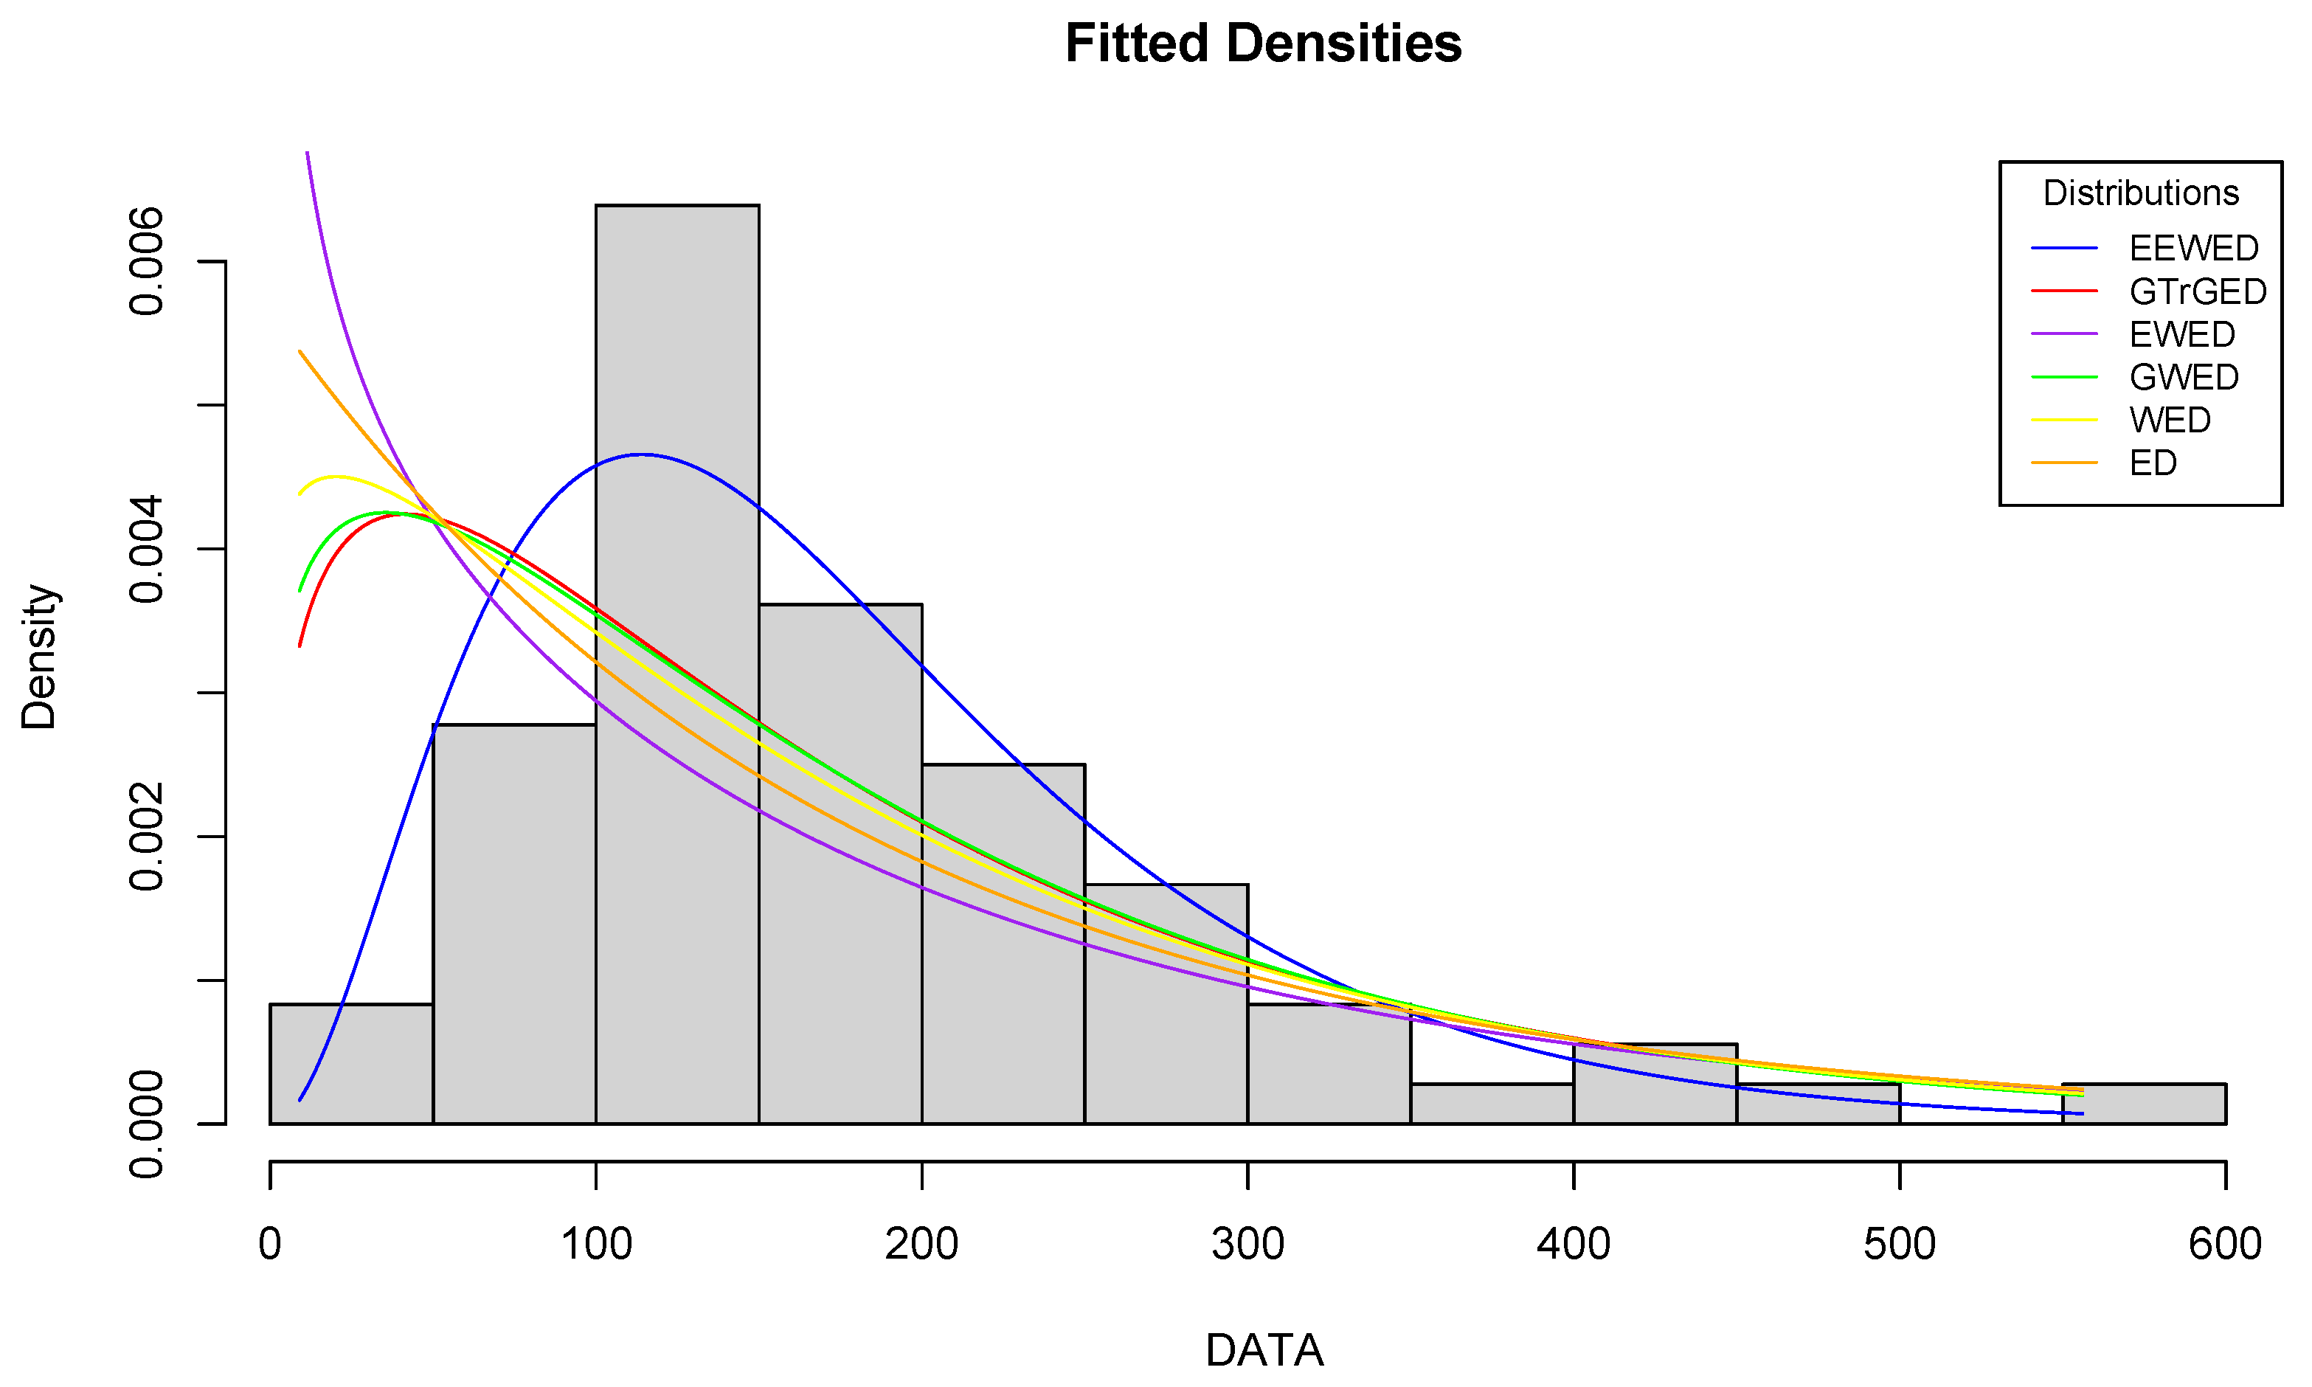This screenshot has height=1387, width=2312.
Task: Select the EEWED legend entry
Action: coord(2193,249)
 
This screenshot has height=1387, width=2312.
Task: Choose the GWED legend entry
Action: coord(2184,378)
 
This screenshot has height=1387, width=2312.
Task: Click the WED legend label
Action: coord(2170,421)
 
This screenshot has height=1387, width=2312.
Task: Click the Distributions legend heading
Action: coord(2140,193)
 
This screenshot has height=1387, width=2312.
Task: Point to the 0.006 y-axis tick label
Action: coord(147,263)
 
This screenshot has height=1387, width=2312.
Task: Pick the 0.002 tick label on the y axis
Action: coord(147,837)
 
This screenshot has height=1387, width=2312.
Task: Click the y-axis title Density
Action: coord(39,657)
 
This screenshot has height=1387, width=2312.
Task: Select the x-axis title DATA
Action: coord(1264,1349)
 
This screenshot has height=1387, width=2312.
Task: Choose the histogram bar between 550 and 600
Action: coord(2144,1104)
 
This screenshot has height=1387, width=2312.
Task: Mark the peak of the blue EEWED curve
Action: coord(641,454)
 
